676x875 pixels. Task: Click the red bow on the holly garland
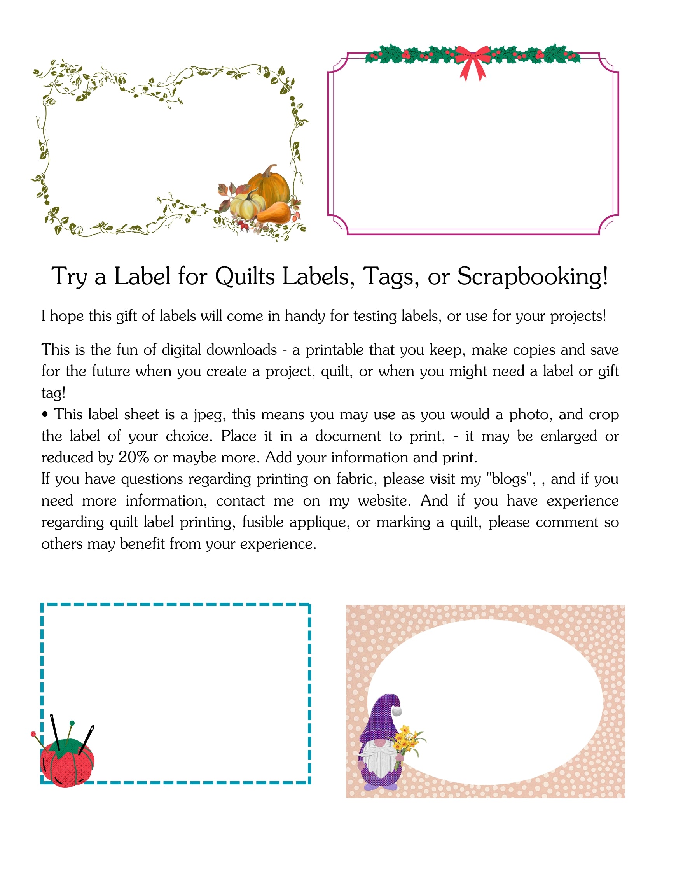(x=473, y=60)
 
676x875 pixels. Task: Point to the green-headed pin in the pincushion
(x=72, y=724)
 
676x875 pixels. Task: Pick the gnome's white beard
(x=379, y=759)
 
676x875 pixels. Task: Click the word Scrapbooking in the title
(x=532, y=276)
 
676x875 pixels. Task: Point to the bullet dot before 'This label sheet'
(x=45, y=415)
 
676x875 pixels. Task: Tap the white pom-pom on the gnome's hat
(x=397, y=712)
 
